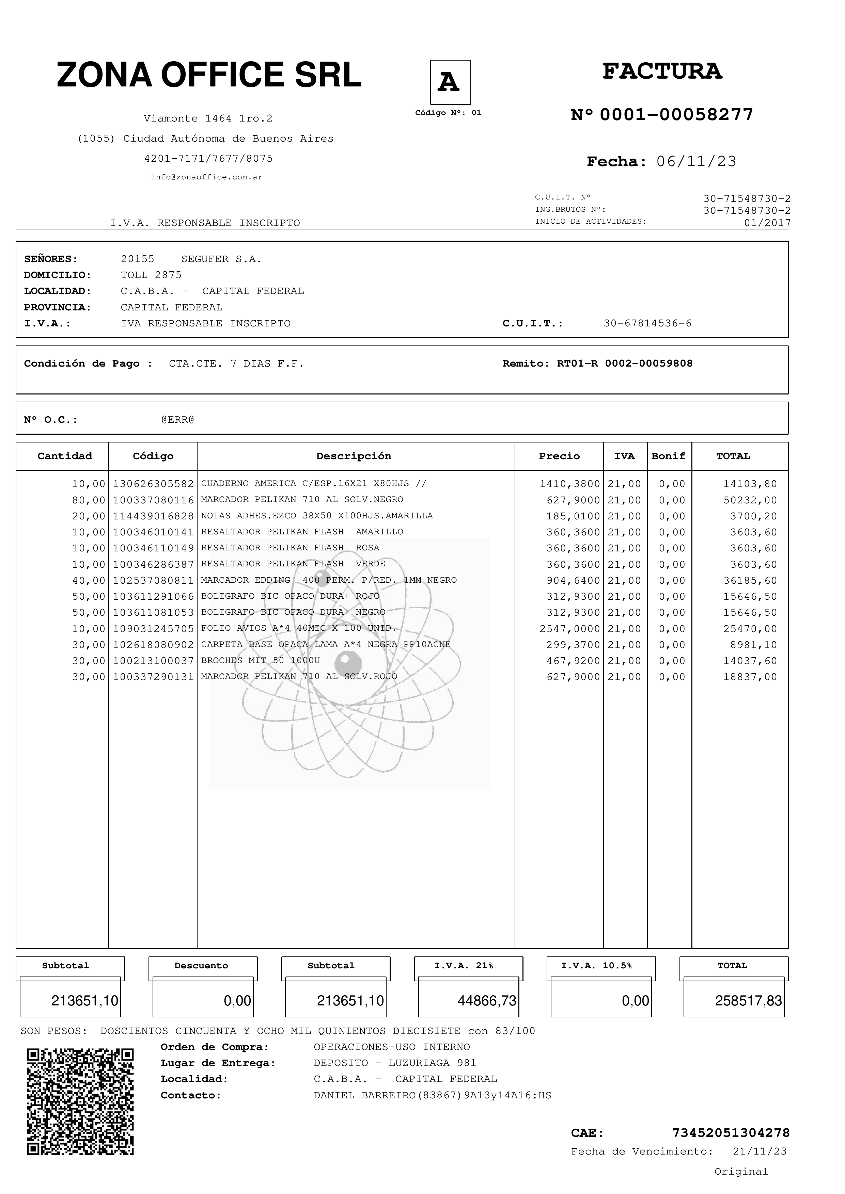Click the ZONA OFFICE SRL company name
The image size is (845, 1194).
point(209,75)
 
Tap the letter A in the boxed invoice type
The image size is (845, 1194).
point(450,82)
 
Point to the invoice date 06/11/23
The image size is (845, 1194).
point(696,161)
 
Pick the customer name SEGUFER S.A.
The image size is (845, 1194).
point(221,259)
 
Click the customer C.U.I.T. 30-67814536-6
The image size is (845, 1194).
point(647,323)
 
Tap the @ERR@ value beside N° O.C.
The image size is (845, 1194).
point(177,420)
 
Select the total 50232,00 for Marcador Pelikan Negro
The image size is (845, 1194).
point(750,500)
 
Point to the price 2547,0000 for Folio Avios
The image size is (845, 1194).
point(569,629)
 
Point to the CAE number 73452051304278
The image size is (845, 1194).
point(731,1133)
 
